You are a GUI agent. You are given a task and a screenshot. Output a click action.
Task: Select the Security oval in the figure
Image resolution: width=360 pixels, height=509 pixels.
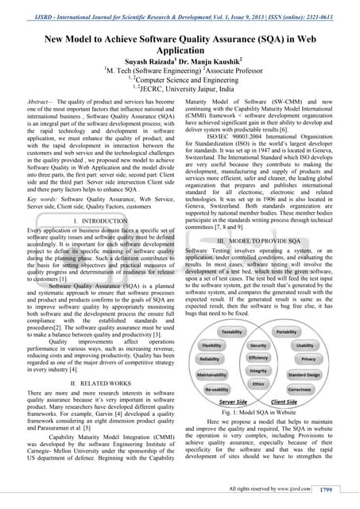pos(258,346)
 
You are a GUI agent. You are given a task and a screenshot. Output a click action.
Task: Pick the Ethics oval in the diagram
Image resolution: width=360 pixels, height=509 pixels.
pos(258,383)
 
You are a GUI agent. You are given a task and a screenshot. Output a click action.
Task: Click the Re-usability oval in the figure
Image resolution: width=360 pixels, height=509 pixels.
pos(216,389)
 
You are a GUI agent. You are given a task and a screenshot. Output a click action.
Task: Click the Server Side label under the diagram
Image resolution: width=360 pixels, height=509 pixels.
pos(231,403)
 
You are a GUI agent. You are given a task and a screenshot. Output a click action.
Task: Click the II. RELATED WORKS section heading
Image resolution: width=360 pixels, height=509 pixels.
pos(106,383)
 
